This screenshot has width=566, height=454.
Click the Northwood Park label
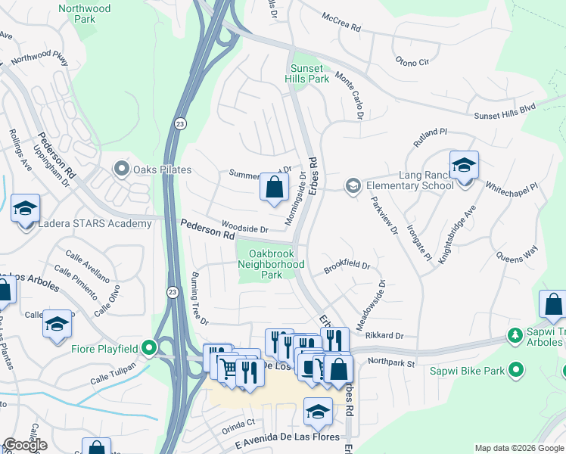86,14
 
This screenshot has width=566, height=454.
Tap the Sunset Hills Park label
308,73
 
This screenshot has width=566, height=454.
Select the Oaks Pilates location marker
120,168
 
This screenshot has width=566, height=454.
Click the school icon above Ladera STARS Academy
25,207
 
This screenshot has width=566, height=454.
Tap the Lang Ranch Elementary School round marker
352,185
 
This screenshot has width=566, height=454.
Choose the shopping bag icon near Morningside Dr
274,185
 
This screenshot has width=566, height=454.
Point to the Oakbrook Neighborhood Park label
271,265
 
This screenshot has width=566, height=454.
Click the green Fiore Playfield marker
150,349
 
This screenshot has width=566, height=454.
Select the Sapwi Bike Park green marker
517,370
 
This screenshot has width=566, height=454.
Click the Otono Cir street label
412,61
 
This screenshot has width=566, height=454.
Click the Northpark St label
392,362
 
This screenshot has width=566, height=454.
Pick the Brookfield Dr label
347,267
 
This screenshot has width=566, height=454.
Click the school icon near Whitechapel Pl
464,164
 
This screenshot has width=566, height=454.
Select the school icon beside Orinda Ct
319,410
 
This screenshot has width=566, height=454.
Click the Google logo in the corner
24,445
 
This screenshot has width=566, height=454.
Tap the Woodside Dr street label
244,229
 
